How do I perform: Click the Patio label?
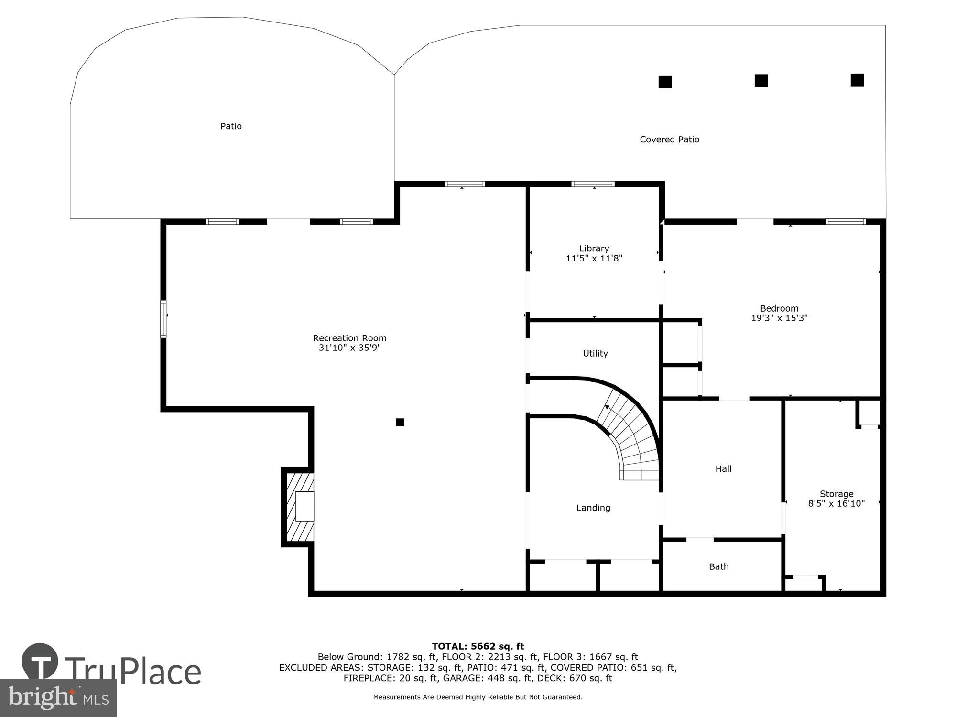click(x=231, y=126)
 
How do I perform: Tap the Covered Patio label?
click(x=669, y=140)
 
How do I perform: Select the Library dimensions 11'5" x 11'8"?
click(x=594, y=259)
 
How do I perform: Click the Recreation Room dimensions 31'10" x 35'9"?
click(x=349, y=348)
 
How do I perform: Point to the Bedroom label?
click(x=779, y=308)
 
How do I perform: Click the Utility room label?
click(x=595, y=353)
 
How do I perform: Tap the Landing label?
click(x=593, y=508)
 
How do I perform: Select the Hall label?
click(x=723, y=469)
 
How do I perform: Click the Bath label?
click(x=718, y=566)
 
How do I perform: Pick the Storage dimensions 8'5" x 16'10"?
click(x=836, y=503)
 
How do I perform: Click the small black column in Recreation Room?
click(x=400, y=422)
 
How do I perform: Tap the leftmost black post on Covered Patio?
click(x=665, y=82)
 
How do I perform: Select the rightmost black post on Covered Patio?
click(x=857, y=80)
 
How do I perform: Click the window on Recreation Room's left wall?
click(x=163, y=319)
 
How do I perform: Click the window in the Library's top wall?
click(x=593, y=184)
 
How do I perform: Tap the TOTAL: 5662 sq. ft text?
click(x=478, y=647)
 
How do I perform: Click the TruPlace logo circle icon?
click(x=40, y=662)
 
